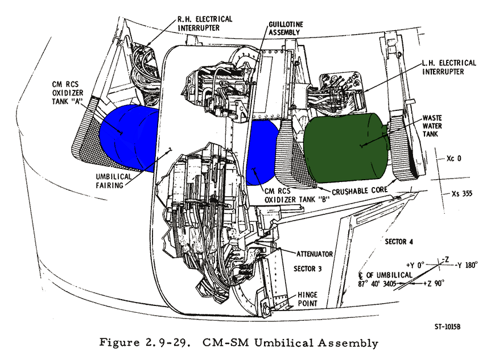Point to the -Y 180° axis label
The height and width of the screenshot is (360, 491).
[x=461, y=266]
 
